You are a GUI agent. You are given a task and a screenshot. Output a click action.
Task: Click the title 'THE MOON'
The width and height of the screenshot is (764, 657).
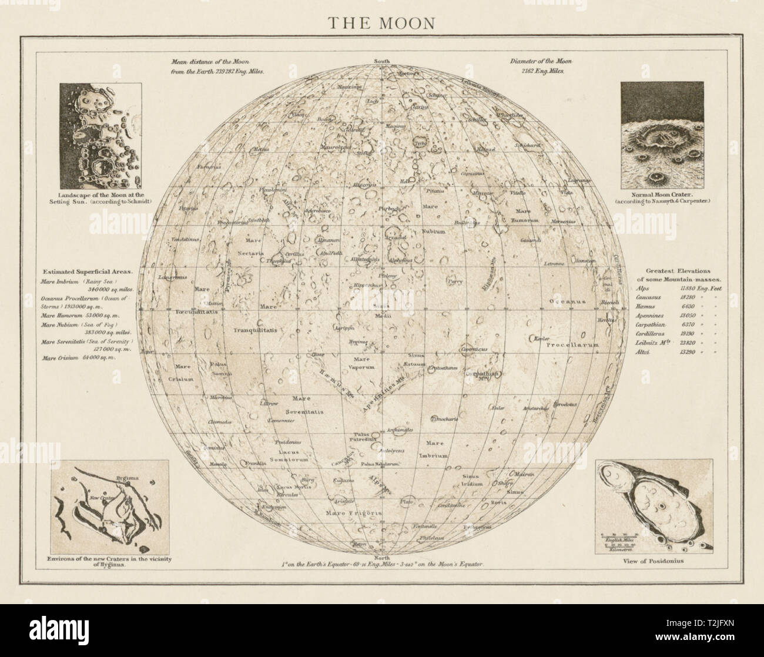(x=381, y=23)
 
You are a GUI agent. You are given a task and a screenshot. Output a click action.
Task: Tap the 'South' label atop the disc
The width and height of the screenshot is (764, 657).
(x=383, y=61)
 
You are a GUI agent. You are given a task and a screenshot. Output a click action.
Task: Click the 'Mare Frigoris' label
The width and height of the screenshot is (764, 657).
(x=349, y=512)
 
